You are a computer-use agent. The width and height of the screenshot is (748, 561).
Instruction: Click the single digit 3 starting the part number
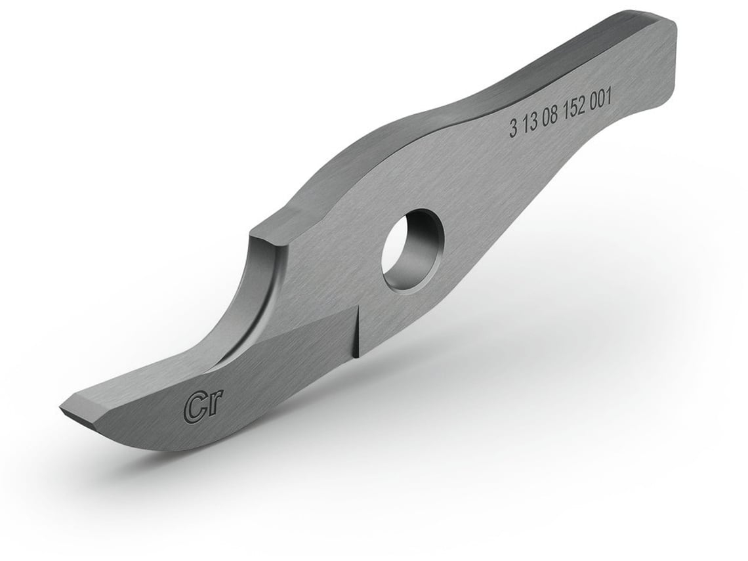tap(513, 130)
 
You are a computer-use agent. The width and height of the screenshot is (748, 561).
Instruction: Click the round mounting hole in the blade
tap(413, 249)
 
